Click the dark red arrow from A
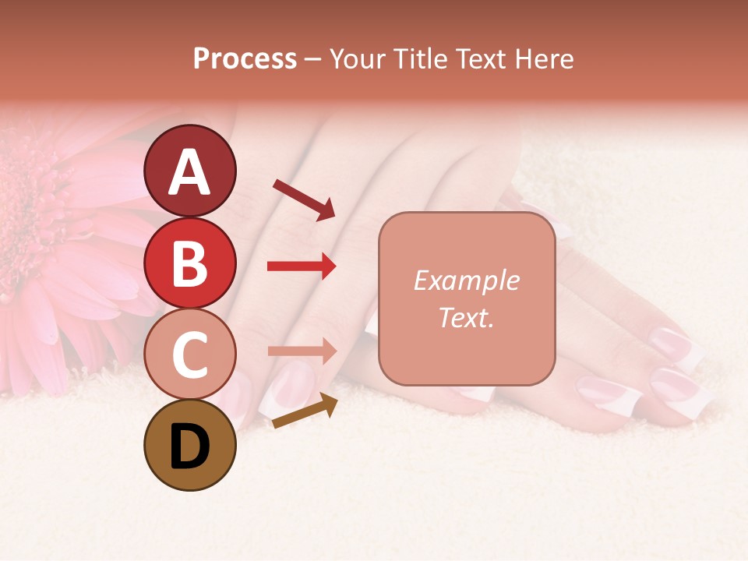(304, 199)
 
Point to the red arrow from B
(302, 266)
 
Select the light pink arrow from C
(302, 351)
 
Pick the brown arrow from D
(305, 411)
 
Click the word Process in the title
(245, 59)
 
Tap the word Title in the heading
(417, 59)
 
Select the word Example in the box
(466, 280)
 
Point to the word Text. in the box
(466, 317)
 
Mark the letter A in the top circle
(189, 172)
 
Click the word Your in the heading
(356, 59)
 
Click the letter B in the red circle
(189, 263)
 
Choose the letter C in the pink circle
(189, 355)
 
